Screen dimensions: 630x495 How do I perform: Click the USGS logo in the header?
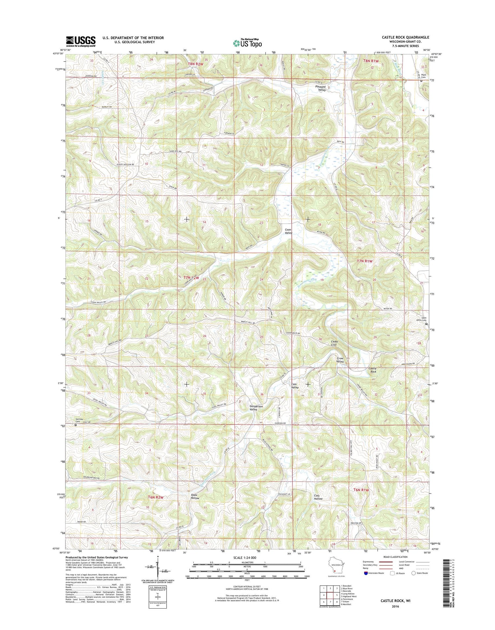pyautogui.click(x=81, y=41)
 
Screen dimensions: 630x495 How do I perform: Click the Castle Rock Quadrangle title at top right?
pyautogui.click(x=406, y=37)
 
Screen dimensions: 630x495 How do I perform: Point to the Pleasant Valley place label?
pyautogui.click(x=320, y=88)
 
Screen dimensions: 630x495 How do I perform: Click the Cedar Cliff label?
pyautogui.click(x=334, y=343)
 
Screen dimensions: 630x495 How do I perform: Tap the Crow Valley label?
pyautogui.click(x=340, y=359)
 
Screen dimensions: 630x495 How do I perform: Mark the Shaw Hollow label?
pyautogui.click(x=195, y=497)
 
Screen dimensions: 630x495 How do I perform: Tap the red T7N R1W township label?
pyautogui.click(x=365, y=261)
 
